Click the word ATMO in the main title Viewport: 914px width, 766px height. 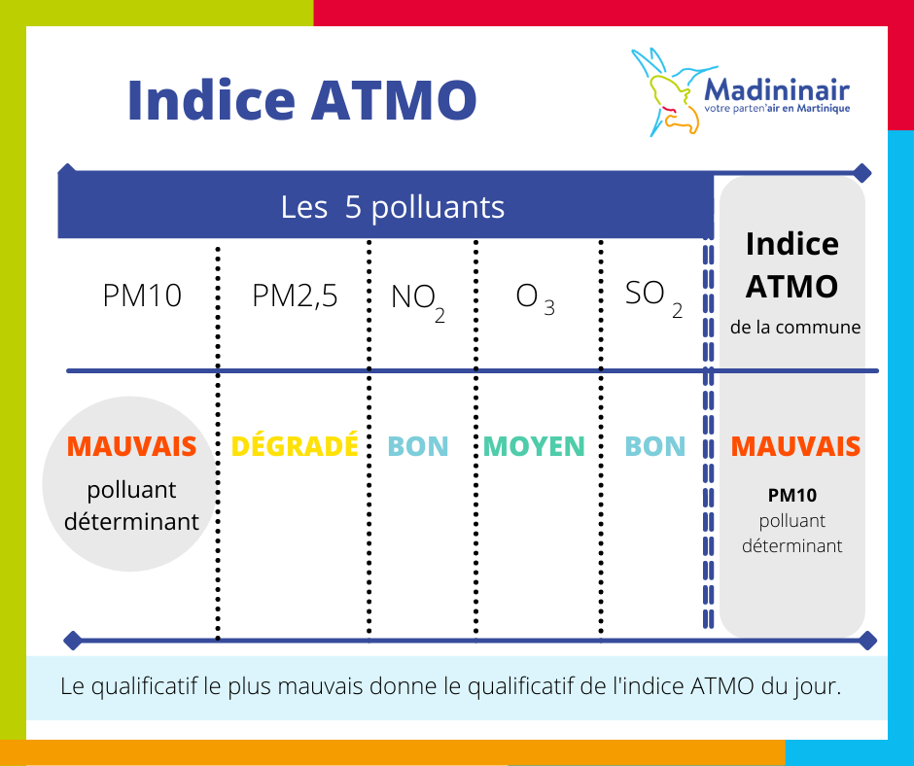[394, 100]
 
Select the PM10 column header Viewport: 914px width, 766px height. [142, 295]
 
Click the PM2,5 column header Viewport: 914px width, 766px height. [295, 296]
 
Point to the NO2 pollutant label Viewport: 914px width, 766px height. [418, 301]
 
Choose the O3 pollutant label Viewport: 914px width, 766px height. [535, 298]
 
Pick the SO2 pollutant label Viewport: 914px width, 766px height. [653, 297]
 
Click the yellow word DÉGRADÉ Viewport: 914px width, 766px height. [295, 446]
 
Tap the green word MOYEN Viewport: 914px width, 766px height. [534, 446]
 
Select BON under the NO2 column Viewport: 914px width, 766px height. [418, 446]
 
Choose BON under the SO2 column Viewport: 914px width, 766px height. [655, 446]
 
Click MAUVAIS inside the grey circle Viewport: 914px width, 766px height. [131, 446]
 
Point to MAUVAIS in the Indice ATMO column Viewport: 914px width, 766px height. [795, 446]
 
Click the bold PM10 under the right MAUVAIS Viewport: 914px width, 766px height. [792, 495]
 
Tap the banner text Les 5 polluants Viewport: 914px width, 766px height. [392, 207]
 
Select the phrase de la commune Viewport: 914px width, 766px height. [795, 327]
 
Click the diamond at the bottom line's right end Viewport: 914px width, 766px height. [868, 640]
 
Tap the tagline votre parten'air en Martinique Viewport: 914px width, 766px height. [777, 109]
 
